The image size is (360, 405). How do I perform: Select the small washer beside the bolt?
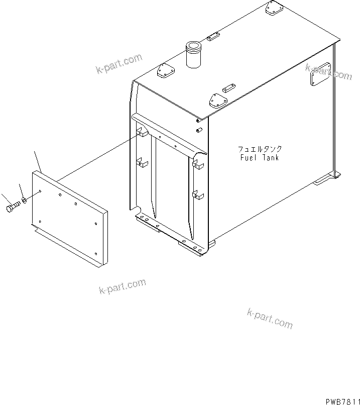coord(25,204)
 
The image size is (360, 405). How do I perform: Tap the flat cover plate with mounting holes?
coord(70,216)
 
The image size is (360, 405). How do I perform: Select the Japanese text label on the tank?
coord(260,149)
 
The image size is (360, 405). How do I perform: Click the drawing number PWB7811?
coord(340,400)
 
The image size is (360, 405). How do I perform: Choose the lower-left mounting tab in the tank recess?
coord(143,163)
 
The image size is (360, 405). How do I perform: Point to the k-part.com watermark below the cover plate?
coord(123,287)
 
